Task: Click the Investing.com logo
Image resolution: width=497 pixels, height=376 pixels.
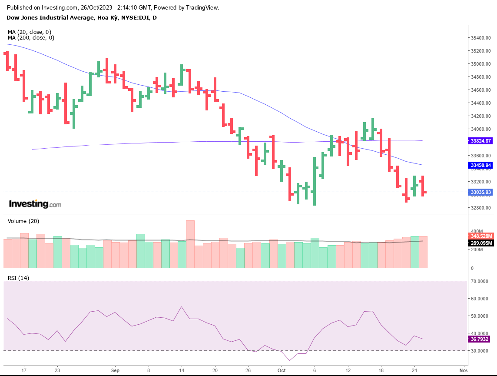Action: click(x=35, y=204)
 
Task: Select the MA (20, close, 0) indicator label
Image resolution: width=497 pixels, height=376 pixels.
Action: click(x=30, y=32)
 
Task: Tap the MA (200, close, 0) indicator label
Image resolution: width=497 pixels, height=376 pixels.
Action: click(x=31, y=38)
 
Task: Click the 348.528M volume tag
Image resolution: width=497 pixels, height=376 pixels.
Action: click(x=482, y=236)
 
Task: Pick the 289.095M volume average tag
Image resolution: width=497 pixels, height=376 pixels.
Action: click(x=482, y=243)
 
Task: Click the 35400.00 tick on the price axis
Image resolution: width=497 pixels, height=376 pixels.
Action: click(x=481, y=38)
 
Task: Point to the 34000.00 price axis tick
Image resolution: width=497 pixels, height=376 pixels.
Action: click(x=481, y=129)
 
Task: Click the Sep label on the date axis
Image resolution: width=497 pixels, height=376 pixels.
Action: click(x=115, y=371)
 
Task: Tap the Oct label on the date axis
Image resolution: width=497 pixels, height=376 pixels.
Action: click(x=282, y=371)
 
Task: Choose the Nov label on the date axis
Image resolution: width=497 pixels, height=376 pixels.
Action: click(x=464, y=371)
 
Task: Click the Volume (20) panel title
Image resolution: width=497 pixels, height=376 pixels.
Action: click(x=23, y=221)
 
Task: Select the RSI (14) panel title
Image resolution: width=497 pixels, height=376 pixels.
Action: click(x=18, y=278)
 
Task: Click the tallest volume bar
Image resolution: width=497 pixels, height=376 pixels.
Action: click(x=190, y=244)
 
